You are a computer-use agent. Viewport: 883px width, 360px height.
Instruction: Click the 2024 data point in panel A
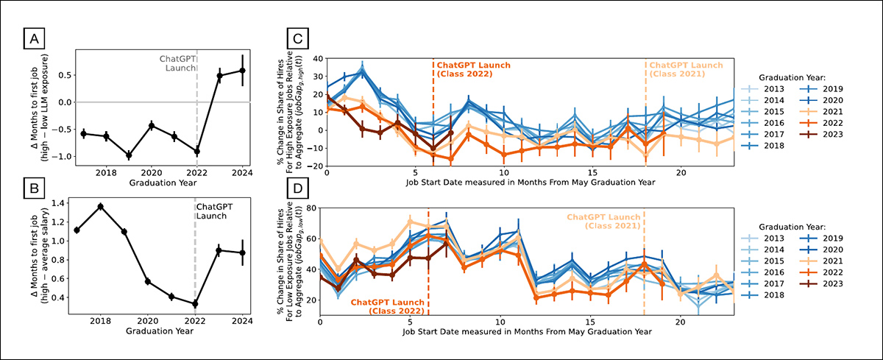242,71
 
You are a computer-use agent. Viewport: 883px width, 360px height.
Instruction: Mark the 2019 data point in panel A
129,155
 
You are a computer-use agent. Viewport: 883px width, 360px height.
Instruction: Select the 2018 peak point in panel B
101,206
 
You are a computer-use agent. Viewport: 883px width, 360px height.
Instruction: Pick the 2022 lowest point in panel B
195,303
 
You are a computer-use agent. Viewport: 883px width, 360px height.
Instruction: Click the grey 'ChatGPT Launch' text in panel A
178,63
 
